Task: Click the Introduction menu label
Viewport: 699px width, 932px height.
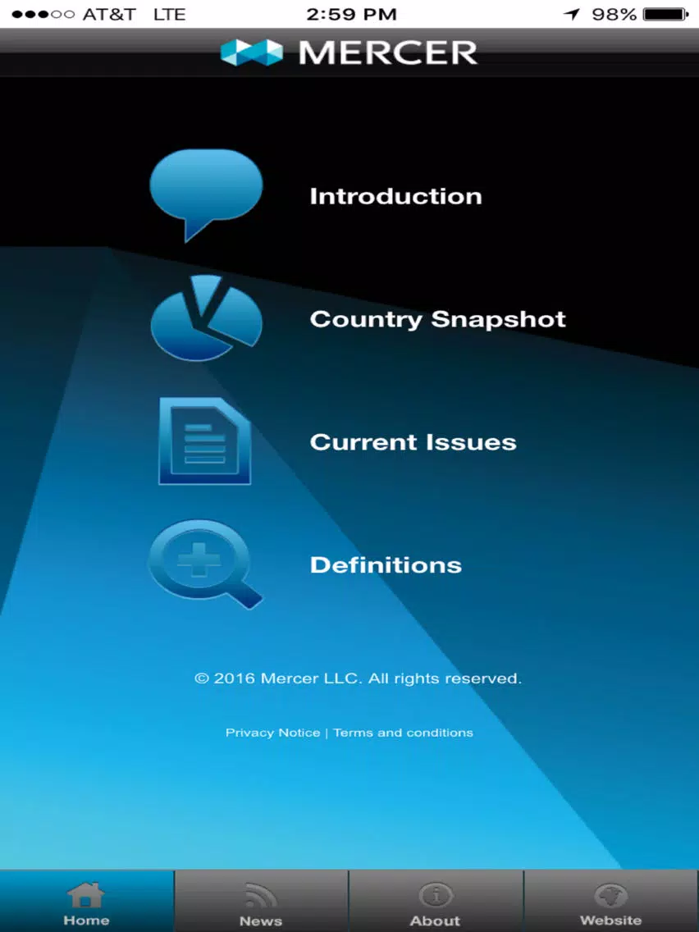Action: [x=396, y=196]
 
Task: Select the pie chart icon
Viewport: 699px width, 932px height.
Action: [x=206, y=318]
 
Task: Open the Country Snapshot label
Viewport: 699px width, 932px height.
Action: [x=437, y=319]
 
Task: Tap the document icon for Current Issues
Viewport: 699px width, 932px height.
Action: [x=205, y=441]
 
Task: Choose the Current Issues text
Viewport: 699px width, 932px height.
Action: [x=413, y=442]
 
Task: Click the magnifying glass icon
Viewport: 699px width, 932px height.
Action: [x=205, y=564]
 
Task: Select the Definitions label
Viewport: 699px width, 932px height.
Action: [x=386, y=564]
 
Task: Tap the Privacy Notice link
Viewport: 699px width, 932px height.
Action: [x=273, y=733]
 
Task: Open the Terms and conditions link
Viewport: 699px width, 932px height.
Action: [x=403, y=733]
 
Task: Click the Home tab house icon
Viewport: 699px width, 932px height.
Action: [x=86, y=894]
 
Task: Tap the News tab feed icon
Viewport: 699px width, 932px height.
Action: [x=260, y=896]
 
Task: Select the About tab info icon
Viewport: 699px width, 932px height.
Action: [x=435, y=895]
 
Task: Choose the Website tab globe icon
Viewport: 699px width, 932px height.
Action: [x=611, y=895]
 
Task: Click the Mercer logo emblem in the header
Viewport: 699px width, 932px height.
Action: [x=251, y=53]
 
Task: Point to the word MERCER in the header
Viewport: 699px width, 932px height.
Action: [x=387, y=53]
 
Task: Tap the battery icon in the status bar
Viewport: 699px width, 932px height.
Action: [x=666, y=14]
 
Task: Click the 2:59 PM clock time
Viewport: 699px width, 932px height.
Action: [x=351, y=14]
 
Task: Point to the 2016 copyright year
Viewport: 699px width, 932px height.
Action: [x=234, y=678]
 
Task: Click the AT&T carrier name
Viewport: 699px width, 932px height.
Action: [x=109, y=14]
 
